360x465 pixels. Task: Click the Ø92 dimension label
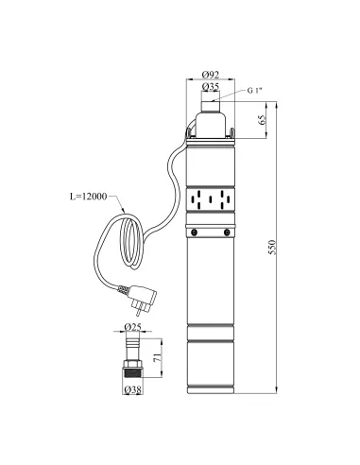click(211, 75)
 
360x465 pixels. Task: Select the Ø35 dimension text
click(211, 87)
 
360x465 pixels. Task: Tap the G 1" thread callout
click(254, 91)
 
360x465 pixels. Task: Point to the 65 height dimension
click(262, 120)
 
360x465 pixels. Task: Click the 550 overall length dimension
click(272, 248)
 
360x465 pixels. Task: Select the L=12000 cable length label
click(88, 197)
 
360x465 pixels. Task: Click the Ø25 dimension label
click(132, 327)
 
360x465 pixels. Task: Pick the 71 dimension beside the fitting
click(158, 357)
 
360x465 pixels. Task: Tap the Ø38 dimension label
click(132, 390)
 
